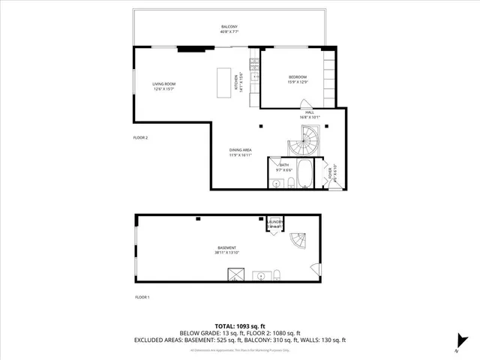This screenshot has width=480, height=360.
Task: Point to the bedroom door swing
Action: pos(304,105)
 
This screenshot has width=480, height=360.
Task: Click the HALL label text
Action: pos(309,114)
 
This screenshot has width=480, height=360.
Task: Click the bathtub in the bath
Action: pos(305,173)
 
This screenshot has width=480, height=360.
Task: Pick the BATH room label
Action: pos(284,166)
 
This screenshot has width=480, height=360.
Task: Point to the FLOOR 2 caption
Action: pos(141,138)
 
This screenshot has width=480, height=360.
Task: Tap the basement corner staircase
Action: pos(298,241)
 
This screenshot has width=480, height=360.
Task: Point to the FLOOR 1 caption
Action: pos(142,298)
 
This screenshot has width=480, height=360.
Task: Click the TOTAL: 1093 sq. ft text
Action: pos(239,326)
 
